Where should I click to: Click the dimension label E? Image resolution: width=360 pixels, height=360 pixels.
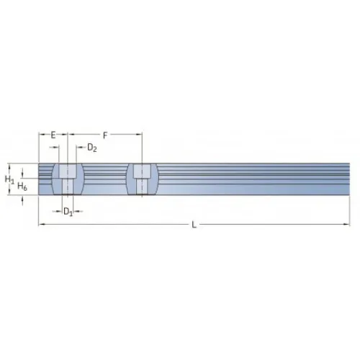click(53, 135)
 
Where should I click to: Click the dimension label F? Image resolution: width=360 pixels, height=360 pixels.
click(105, 135)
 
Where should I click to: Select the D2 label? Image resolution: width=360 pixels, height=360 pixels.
click(92, 148)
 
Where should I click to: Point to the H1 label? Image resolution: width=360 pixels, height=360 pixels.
click(9, 178)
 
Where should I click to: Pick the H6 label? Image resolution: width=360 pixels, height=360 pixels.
click(22, 186)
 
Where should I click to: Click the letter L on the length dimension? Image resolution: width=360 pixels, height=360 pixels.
click(194, 225)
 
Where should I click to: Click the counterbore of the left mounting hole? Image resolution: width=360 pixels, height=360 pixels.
click(68, 171)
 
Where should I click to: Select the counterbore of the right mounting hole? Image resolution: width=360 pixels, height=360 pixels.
click(142, 171)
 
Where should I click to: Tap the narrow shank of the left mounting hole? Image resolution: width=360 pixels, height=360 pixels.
click(68, 186)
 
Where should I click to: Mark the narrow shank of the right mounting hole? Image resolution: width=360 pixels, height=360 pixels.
click(142, 186)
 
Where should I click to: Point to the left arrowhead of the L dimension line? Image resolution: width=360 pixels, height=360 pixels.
click(41, 225)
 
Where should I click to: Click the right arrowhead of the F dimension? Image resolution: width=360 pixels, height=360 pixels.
click(139, 135)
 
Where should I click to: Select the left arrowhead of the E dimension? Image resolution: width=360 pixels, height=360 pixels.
click(41, 135)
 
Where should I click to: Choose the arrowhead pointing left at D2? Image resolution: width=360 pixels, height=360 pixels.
click(78, 148)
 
